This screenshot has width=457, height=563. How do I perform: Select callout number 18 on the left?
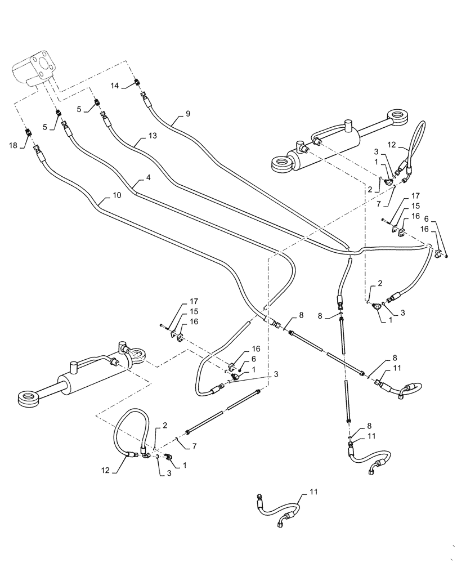click(x=13, y=145)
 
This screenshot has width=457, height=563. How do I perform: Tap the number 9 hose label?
click(x=187, y=114)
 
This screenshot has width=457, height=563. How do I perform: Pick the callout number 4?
click(x=148, y=177)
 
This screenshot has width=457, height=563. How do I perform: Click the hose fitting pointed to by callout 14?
click(x=136, y=84)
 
